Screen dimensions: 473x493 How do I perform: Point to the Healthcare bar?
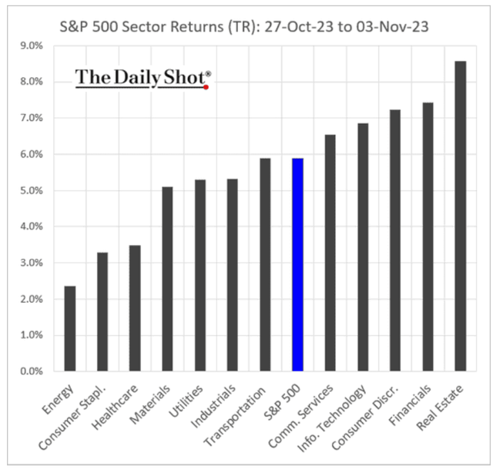135,308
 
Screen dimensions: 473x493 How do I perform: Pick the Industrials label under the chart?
216,405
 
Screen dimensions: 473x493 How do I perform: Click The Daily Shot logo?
143,77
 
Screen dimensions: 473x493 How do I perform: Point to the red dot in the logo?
206,87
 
